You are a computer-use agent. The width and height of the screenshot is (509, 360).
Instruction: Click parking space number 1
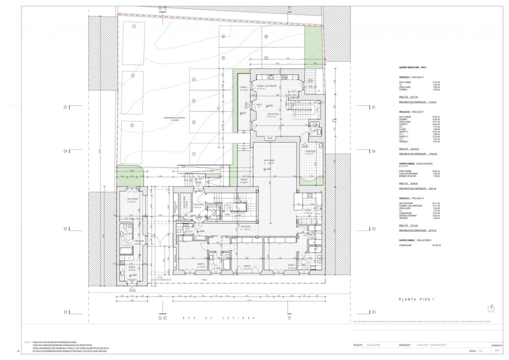pos(134,27)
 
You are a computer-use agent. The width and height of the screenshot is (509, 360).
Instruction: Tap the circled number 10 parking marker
pos(266,36)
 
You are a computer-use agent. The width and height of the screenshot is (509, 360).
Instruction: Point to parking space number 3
pos(132,126)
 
